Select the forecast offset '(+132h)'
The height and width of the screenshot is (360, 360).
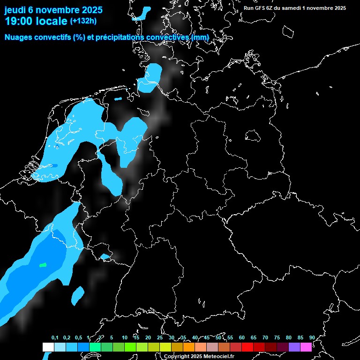click(x=83, y=21)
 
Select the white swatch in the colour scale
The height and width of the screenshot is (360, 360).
click(x=48, y=347)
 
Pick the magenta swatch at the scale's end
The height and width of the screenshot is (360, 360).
click(x=306, y=347)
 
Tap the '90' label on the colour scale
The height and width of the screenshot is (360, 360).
click(x=312, y=337)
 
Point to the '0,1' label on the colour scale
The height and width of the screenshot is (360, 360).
click(x=55, y=337)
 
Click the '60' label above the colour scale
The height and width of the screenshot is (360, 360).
click(x=241, y=337)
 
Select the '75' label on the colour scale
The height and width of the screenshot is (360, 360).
click(x=277, y=337)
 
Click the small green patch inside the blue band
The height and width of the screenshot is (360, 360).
click(x=43, y=265)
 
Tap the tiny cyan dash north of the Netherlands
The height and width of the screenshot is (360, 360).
click(x=117, y=99)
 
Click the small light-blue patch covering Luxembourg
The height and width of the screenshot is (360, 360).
click(x=105, y=256)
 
